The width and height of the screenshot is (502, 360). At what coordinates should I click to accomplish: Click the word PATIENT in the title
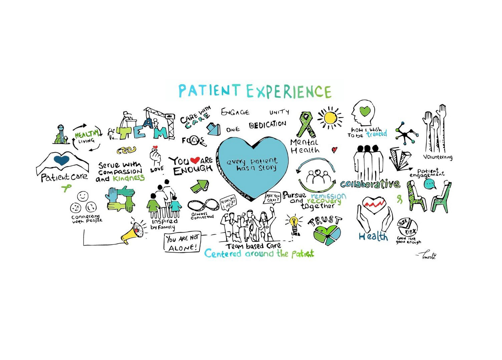coord(209,90)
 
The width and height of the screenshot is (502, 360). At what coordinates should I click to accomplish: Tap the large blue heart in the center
coord(253,167)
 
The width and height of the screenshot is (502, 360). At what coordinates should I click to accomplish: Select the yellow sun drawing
coord(329,118)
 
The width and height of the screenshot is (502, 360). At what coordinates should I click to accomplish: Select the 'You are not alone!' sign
coord(183,243)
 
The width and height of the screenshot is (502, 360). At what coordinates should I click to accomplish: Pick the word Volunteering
coord(438,157)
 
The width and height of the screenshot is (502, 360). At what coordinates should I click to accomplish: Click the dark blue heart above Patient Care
coord(62,160)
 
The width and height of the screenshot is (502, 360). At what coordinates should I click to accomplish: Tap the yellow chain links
coord(126,150)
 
